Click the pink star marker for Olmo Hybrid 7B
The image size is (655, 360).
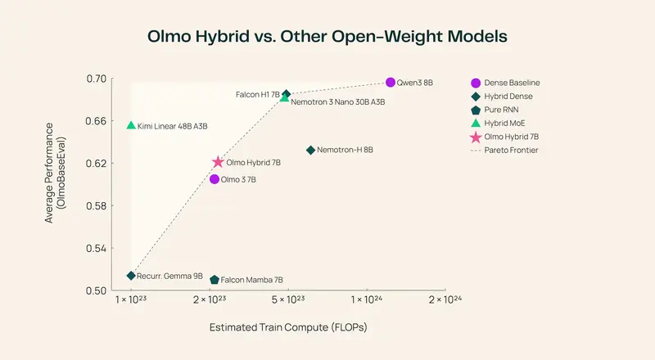pyautogui.click(x=218, y=163)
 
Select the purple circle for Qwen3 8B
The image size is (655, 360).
pyautogui.click(x=391, y=82)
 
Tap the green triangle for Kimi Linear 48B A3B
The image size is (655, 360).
pyautogui.click(x=131, y=125)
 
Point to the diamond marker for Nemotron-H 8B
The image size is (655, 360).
pyautogui.click(x=310, y=150)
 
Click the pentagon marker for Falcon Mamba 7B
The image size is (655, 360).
pyautogui.click(x=215, y=280)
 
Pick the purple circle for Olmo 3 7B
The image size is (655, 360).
pyautogui.click(x=215, y=179)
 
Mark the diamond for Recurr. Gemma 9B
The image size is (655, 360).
pyautogui.click(x=131, y=276)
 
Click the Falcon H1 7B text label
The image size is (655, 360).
pyautogui.click(x=257, y=95)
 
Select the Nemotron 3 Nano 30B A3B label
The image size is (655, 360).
pyautogui.click(x=338, y=102)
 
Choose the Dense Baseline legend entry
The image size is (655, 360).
pyautogui.click(x=512, y=83)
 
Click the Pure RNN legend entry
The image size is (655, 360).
pyautogui.click(x=501, y=110)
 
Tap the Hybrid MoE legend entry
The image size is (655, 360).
pyautogui.click(x=504, y=123)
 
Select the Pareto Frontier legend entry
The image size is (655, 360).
pyautogui.click(x=511, y=150)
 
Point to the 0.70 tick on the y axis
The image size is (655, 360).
pyautogui.click(x=97, y=79)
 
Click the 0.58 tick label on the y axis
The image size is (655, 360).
pyautogui.click(x=97, y=206)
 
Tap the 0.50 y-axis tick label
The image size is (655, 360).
pyautogui.click(x=97, y=291)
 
